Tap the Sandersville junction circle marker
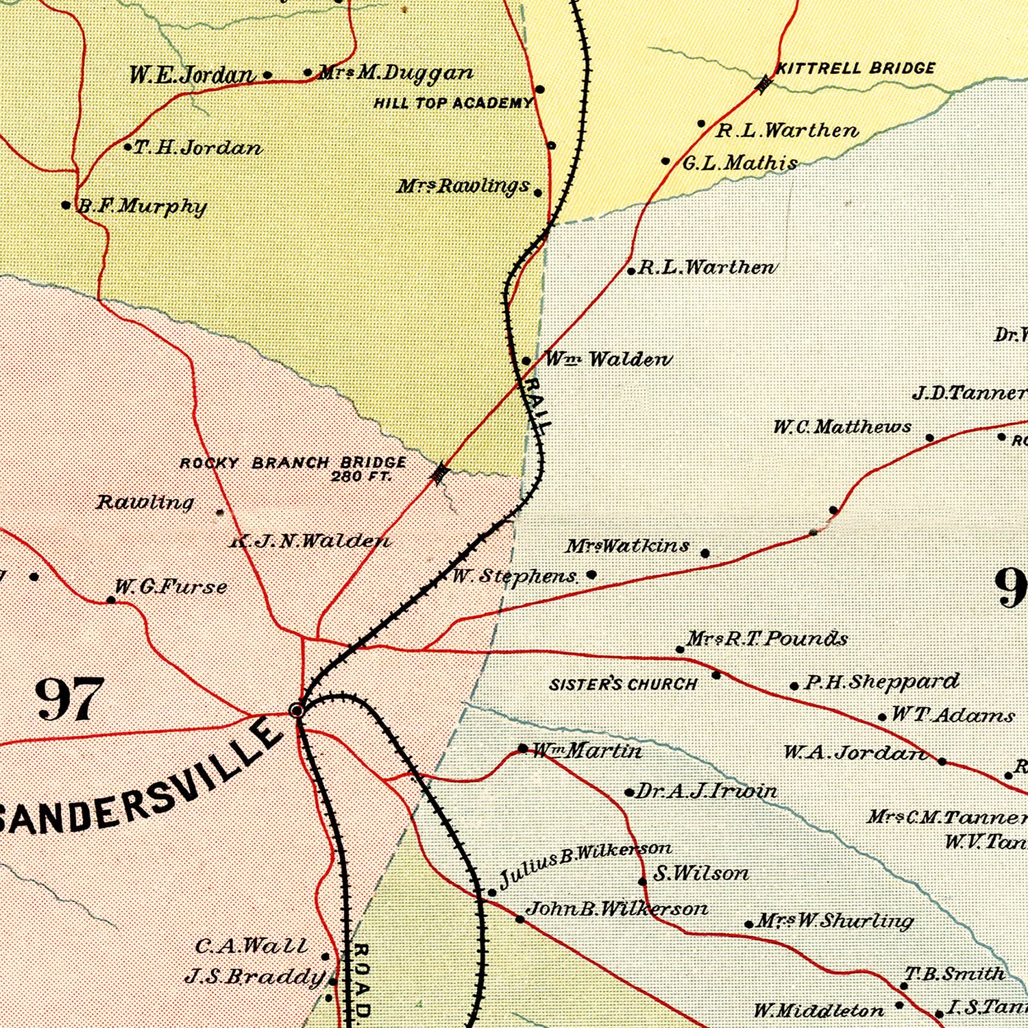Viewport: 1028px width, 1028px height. [297, 710]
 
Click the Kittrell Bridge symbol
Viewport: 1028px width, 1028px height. [763, 84]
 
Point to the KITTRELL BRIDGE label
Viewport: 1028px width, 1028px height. [855, 68]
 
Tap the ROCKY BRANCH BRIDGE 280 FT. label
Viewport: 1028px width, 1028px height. [293, 468]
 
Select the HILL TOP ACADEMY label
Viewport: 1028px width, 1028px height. [452, 103]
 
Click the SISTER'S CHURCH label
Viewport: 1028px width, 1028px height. [623, 684]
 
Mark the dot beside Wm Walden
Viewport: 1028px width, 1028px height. [526, 360]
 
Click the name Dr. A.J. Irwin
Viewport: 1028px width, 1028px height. [706, 792]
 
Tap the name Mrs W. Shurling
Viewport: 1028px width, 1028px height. [835, 920]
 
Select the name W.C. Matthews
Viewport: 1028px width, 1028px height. [842, 427]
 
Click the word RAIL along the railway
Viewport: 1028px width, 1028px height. [535, 404]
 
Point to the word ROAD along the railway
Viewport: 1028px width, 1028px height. [362, 980]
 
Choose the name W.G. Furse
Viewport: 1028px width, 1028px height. [171, 587]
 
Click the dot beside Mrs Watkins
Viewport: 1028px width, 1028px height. [705, 553]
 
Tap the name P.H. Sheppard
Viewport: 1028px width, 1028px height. [881, 682]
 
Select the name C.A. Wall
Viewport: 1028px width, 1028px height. [252, 946]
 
